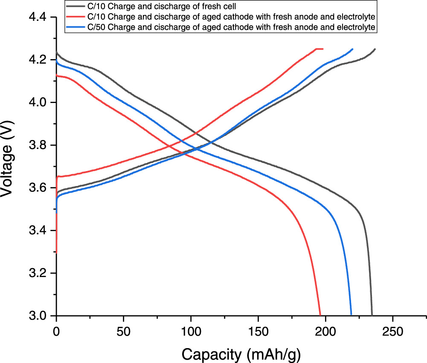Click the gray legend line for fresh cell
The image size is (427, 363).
point(78,7)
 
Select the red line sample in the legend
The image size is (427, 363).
point(78,17)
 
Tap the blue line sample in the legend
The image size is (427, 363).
point(78,27)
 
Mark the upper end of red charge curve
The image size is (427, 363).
point(323,49)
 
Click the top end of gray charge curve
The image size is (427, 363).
point(375,49)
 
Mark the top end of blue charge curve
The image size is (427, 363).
point(352,49)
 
